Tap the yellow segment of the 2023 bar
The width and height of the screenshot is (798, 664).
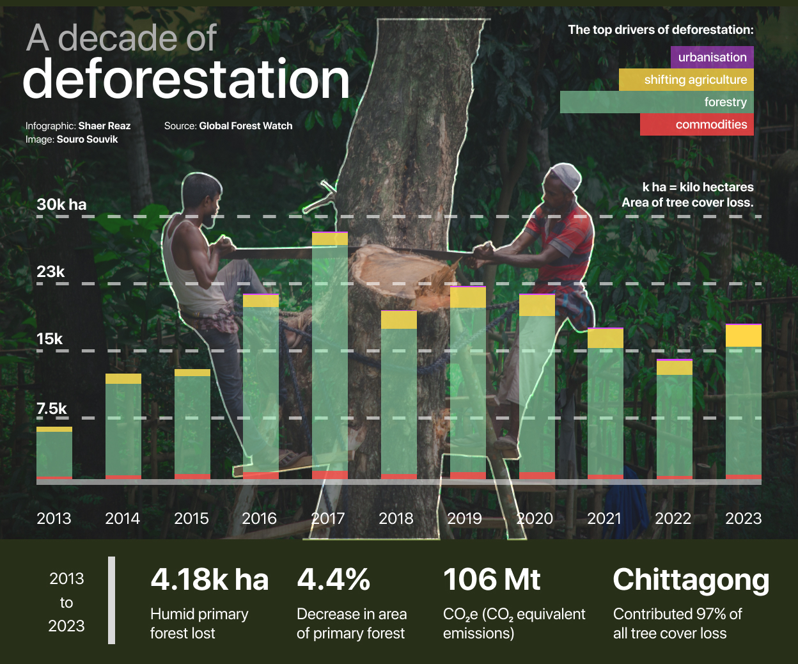744,336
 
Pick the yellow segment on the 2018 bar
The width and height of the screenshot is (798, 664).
399,320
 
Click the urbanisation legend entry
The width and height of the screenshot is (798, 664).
712,57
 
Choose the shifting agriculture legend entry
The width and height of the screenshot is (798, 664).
687,79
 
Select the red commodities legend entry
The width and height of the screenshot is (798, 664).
697,124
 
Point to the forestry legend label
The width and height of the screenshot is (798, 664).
725,102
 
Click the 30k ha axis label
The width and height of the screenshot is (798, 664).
61,205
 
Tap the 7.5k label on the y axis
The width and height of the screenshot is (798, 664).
51,409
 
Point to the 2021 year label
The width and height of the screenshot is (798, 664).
604,518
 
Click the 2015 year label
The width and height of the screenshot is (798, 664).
191,518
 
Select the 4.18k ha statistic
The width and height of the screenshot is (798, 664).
209,580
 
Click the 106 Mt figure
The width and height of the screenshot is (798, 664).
492,580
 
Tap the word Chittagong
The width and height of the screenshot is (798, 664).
691,580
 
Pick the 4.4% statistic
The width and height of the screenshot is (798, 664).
333,580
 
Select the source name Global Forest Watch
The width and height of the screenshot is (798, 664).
246,126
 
